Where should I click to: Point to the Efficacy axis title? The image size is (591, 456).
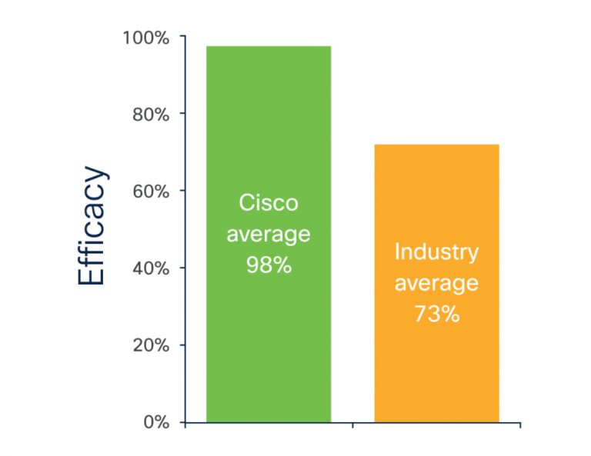click(x=92, y=226)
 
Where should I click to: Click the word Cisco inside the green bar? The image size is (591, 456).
click(x=268, y=203)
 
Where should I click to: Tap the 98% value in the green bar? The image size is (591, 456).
click(x=268, y=265)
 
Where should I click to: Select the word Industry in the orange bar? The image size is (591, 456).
click(x=436, y=251)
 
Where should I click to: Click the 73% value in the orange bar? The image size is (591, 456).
click(x=436, y=314)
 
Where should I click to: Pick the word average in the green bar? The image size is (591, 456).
click(x=268, y=234)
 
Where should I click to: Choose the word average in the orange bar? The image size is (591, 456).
click(x=436, y=283)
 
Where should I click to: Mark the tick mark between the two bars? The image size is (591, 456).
click(x=352, y=424)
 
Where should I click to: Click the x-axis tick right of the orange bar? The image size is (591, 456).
click(x=520, y=424)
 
